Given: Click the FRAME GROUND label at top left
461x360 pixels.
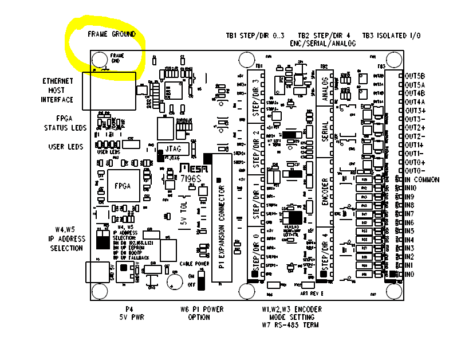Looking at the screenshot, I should [112, 34].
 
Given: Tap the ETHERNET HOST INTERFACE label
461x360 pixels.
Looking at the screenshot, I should [57, 91].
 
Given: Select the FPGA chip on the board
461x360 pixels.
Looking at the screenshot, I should [123, 186].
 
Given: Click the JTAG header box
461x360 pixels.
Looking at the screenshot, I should [172, 147].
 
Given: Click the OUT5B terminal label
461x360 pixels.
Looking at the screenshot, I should [415, 76].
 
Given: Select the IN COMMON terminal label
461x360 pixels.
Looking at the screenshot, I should [421, 179].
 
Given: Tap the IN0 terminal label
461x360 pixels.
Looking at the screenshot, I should [409, 275].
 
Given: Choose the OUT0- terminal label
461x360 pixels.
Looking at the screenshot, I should [415, 171].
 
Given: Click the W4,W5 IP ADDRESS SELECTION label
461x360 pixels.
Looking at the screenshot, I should [66, 239].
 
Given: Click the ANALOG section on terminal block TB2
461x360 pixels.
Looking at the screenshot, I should [325, 88].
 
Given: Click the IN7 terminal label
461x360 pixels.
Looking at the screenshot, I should [409, 214].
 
